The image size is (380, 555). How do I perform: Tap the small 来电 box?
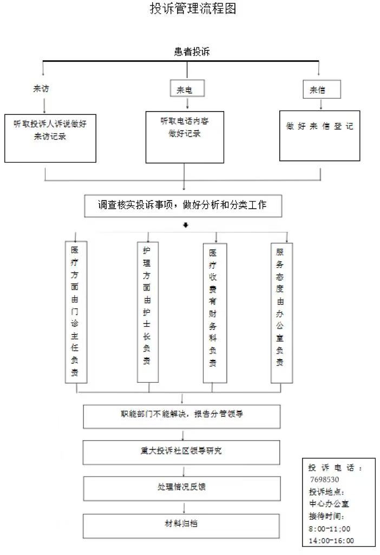point(184,90)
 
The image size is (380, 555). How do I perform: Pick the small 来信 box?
point(321,90)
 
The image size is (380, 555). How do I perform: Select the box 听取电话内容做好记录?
point(185,137)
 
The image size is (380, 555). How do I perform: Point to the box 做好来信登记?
point(319,135)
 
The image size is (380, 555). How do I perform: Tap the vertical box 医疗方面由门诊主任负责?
point(75,312)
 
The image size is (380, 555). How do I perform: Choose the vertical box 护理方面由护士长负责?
point(147,312)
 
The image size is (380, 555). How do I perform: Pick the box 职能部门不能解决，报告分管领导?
point(182,416)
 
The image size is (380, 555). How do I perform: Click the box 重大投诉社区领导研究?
point(182,452)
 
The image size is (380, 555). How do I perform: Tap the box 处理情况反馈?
point(182,488)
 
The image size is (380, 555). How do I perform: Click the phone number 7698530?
point(325,480)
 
